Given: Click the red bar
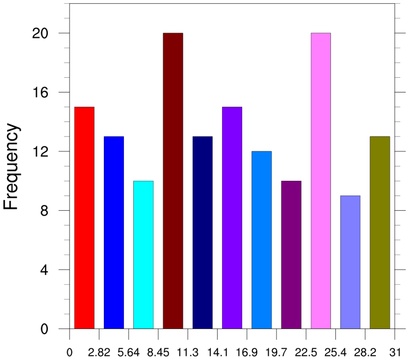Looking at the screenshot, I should click(x=84, y=217).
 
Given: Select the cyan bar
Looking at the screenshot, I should click(x=143, y=254).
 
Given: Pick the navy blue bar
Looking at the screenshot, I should click(x=202, y=232).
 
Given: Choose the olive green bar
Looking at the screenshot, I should click(x=380, y=232).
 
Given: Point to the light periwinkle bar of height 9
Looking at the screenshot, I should click(x=350, y=262).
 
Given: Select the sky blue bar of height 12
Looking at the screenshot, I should click(x=262, y=240).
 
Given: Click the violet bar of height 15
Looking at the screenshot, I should click(x=232, y=217).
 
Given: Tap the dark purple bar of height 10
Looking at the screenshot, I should click(x=291, y=254).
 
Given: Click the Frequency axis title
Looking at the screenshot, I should click(x=12, y=166).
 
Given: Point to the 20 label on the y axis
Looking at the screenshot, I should click(x=40, y=33).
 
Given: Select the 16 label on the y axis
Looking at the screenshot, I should click(x=40, y=92).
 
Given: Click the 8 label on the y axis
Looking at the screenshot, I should click(x=44, y=211).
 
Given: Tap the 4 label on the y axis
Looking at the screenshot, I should click(x=44, y=270).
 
